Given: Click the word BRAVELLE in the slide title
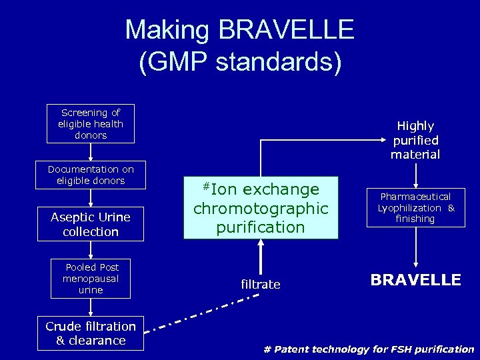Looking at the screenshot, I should [x=288, y=30].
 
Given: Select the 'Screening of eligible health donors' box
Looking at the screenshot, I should [x=90, y=123].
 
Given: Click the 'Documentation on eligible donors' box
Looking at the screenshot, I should [x=91, y=175].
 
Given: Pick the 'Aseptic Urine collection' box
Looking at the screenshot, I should [x=91, y=224].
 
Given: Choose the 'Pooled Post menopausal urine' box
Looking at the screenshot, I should [x=91, y=279].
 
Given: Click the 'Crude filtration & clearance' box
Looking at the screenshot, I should [x=91, y=333].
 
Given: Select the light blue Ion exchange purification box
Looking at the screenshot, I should [x=261, y=207].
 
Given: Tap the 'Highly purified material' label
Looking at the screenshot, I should [x=416, y=140].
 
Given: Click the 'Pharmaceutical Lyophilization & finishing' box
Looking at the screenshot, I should [x=416, y=207].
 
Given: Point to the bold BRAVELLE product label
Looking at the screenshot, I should [x=416, y=280].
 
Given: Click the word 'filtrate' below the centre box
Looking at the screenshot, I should [x=261, y=285].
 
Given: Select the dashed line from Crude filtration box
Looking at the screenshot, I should [x=200, y=313].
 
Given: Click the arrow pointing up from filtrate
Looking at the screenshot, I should [x=261, y=257].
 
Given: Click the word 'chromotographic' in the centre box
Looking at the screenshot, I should [x=261, y=208].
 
